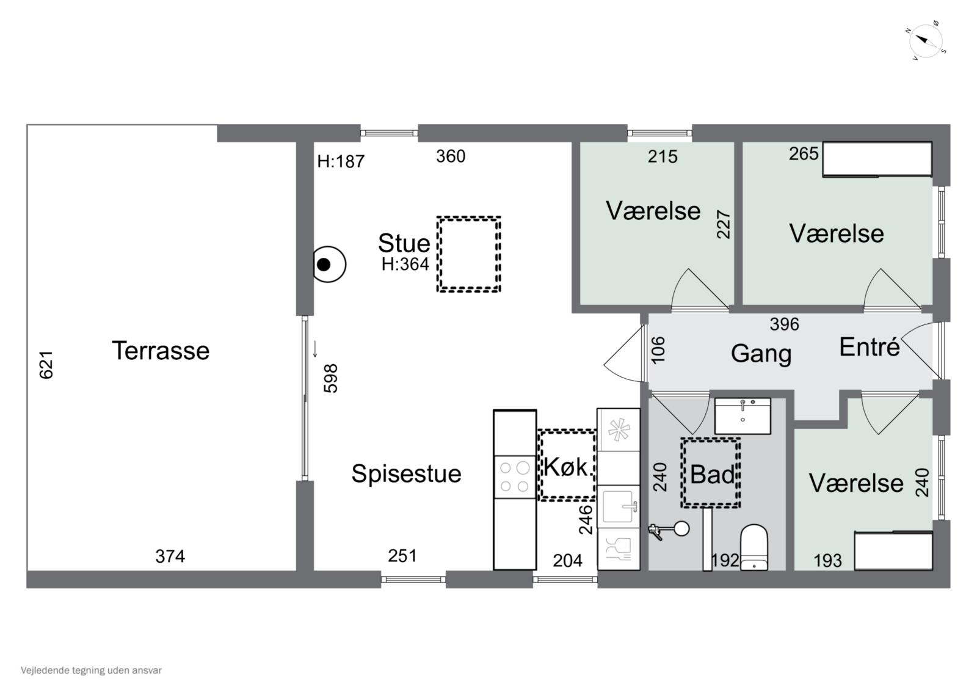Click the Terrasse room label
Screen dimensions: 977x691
tap(161, 351)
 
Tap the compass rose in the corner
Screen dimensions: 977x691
tap(925, 40)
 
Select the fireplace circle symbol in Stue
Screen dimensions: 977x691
tap(329, 264)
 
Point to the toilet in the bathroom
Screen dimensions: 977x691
tap(754, 547)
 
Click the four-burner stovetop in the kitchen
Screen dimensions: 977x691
tap(514, 477)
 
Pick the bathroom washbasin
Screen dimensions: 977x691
tap(743, 415)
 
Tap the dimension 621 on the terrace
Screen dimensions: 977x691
tap(46, 365)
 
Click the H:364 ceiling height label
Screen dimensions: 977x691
tap(405, 264)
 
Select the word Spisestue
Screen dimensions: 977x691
tap(406, 473)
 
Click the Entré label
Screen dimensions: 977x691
tap(870, 348)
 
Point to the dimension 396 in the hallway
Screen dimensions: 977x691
tap(784, 324)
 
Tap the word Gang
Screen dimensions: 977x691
tap(761, 354)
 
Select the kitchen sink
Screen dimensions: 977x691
tap(618, 506)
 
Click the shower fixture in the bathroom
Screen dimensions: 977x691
tap(669, 530)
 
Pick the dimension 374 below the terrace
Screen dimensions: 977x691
tap(170, 557)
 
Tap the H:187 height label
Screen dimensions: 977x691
tap(341, 161)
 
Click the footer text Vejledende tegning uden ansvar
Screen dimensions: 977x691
tap(91, 670)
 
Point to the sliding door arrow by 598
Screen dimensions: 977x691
tap(315, 349)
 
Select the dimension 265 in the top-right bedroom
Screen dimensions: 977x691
tap(804, 153)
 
